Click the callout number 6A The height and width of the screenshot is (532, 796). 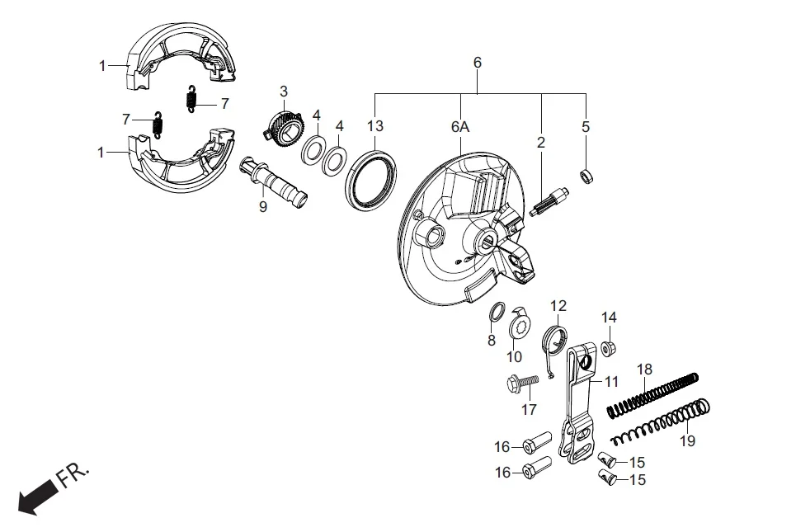click(459, 127)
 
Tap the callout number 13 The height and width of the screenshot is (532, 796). click(375, 126)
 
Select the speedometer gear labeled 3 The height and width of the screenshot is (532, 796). click(280, 128)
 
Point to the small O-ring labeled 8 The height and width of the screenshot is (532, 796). click(497, 311)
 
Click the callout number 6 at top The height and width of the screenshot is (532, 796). click(477, 63)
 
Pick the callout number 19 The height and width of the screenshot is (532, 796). click(688, 441)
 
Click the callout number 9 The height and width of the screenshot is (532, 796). click(263, 208)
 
